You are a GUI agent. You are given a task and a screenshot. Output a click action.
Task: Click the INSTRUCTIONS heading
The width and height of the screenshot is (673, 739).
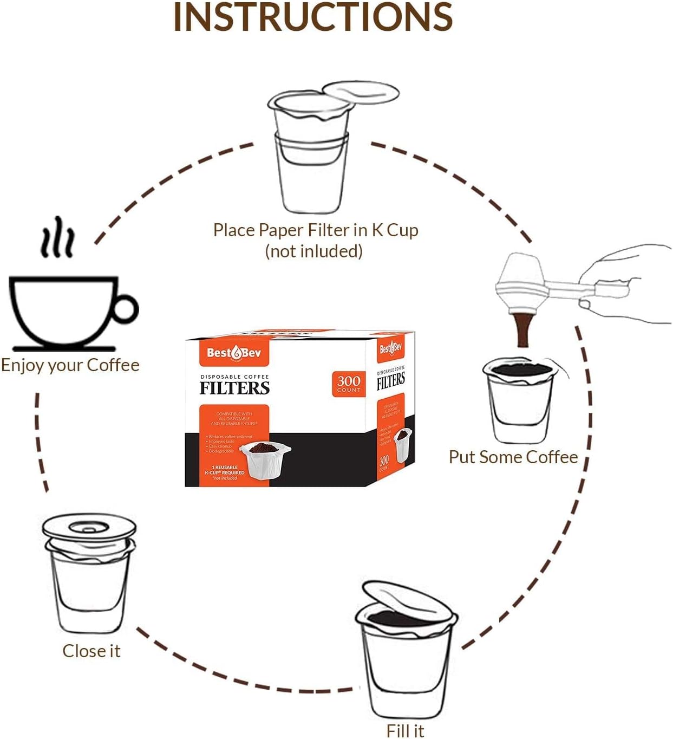pos(312,17)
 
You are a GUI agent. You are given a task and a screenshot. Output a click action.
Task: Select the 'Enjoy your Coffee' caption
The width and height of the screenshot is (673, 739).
pos(70,365)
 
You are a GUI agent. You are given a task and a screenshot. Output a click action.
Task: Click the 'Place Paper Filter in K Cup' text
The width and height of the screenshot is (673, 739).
pos(315,230)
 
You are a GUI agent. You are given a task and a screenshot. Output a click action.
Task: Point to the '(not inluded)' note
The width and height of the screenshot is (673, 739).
pos(313,251)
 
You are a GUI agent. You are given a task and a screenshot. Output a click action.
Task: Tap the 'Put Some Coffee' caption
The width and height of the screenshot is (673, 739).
pos(513,457)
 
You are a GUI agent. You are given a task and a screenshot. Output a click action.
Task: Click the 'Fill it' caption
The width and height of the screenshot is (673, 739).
pos(405,730)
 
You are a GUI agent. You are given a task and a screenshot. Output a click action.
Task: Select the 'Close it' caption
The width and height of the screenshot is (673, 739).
pos(92,651)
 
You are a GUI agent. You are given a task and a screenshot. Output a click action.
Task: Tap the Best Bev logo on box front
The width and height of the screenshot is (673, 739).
pos(234,353)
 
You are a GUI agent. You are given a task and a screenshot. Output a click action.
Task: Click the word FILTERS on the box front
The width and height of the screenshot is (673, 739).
pos(234,388)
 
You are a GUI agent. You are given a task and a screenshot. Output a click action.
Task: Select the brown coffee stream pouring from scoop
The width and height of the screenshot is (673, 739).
pos(523,330)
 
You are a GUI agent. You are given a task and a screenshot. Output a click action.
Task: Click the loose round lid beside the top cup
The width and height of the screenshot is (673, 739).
pos(361,93)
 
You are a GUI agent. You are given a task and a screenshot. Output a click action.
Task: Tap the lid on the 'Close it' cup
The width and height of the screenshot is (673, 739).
pos(89,527)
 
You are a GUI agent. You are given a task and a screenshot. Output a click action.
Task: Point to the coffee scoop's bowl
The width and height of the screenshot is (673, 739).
pos(520,284)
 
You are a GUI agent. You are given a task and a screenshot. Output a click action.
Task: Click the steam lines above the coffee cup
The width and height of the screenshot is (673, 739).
pos(57,238)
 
